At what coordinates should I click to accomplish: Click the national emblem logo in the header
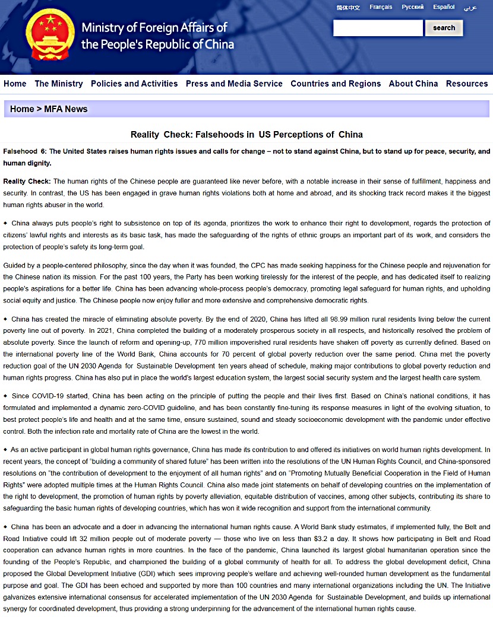click(x=50, y=35)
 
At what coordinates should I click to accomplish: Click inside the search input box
click(x=378, y=28)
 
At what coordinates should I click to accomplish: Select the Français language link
click(x=381, y=7)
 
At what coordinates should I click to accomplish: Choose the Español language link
click(x=444, y=7)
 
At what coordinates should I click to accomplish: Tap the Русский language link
click(x=413, y=7)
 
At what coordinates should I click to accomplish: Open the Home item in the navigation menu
click(x=15, y=84)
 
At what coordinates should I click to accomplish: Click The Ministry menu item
click(x=59, y=84)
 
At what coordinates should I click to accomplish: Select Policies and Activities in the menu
click(x=134, y=84)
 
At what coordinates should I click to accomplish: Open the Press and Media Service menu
click(x=234, y=84)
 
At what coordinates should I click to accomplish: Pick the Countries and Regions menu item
click(x=336, y=84)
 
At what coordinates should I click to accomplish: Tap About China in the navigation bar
click(x=413, y=84)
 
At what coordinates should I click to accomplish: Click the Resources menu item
click(x=467, y=84)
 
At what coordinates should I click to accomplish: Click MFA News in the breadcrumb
click(x=66, y=109)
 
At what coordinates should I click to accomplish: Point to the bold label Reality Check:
click(x=27, y=182)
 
